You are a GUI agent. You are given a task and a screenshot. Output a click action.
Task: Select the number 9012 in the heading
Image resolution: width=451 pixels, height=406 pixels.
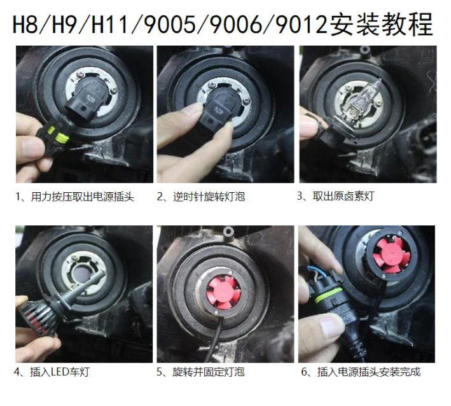[297, 25]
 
